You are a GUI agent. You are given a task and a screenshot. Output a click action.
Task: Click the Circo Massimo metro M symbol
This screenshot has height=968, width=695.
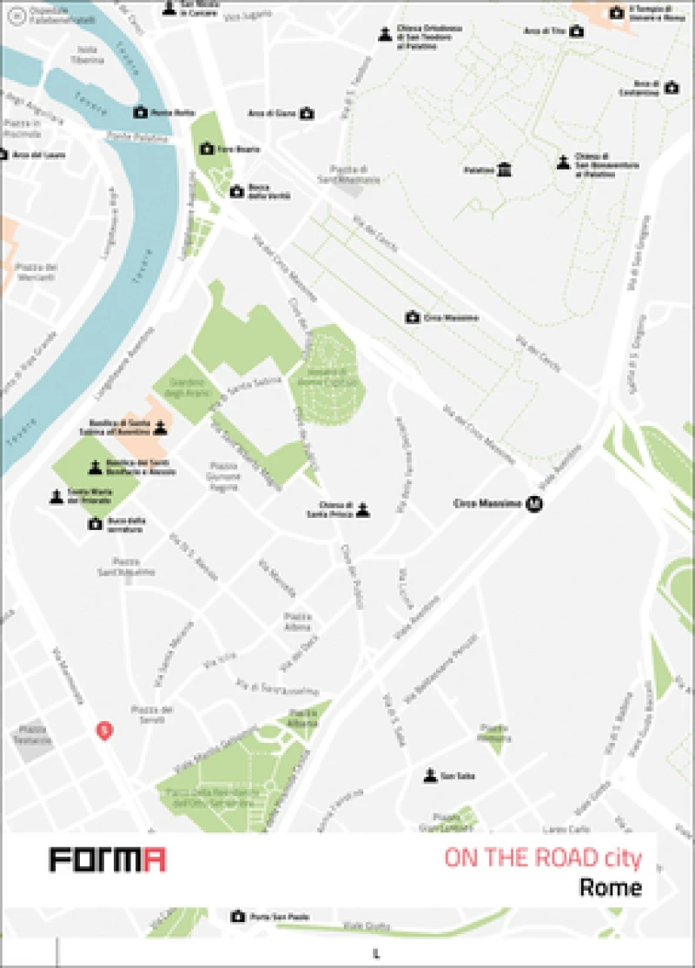click(537, 503)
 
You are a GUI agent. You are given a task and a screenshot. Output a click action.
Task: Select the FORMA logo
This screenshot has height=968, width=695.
click(108, 859)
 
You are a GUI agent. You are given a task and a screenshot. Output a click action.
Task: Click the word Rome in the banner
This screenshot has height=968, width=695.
click(611, 888)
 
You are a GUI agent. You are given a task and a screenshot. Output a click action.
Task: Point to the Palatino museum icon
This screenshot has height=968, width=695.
click(505, 169)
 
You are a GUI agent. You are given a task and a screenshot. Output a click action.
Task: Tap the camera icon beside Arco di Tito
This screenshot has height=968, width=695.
click(576, 31)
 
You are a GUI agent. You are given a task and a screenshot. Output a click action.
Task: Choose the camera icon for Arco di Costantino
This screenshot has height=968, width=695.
click(671, 88)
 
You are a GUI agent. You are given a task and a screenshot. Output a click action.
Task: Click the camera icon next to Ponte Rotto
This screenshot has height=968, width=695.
click(140, 112)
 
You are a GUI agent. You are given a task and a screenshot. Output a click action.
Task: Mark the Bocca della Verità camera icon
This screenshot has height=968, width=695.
click(236, 192)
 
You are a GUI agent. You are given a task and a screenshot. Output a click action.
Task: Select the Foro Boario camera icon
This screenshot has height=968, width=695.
click(207, 149)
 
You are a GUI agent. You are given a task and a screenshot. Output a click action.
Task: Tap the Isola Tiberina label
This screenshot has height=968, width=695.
click(88, 54)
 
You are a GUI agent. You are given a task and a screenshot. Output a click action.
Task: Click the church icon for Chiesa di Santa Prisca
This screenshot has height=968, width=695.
click(363, 509)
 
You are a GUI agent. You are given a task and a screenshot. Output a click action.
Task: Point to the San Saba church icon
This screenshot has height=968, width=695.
click(429, 775)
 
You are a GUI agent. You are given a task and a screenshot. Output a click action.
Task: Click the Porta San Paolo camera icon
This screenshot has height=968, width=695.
click(237, 916)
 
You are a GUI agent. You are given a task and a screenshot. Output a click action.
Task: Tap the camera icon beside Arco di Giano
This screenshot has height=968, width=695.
click(306, 113)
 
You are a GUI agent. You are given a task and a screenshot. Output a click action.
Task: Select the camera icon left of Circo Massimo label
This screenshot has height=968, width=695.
click(413, 318)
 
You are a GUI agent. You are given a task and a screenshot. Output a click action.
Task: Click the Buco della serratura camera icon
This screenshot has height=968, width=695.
click(95, 524)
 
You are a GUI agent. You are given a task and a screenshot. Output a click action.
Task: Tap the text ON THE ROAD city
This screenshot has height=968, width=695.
click(543, 859)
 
